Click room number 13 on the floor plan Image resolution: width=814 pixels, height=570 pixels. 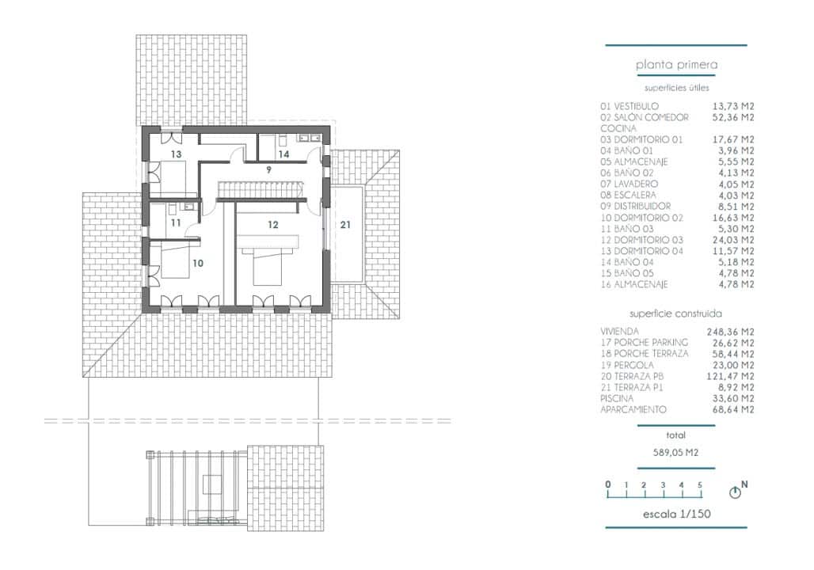pos(176,154)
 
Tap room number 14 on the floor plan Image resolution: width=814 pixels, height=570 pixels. pos(283,154)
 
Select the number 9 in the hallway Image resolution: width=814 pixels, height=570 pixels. pos(268,169)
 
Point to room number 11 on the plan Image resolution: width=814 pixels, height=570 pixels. pos(176,223)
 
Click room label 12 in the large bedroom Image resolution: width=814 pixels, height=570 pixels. pos(272,225)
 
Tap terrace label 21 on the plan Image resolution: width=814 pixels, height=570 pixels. pos(345,225)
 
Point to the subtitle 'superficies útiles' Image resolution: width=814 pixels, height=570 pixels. pos(676,88)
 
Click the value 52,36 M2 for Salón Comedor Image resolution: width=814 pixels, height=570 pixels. pos(731,117)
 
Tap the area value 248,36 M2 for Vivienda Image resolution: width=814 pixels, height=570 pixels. pos(730,332)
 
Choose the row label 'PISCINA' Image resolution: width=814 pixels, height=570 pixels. pos(617,398)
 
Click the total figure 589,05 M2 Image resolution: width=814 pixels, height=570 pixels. pos(675,454)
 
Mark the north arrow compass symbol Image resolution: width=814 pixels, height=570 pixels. pos(736,492)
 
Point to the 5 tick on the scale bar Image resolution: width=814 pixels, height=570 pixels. pos(699,485)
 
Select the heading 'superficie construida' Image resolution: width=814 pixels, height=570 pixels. pos(676,313)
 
